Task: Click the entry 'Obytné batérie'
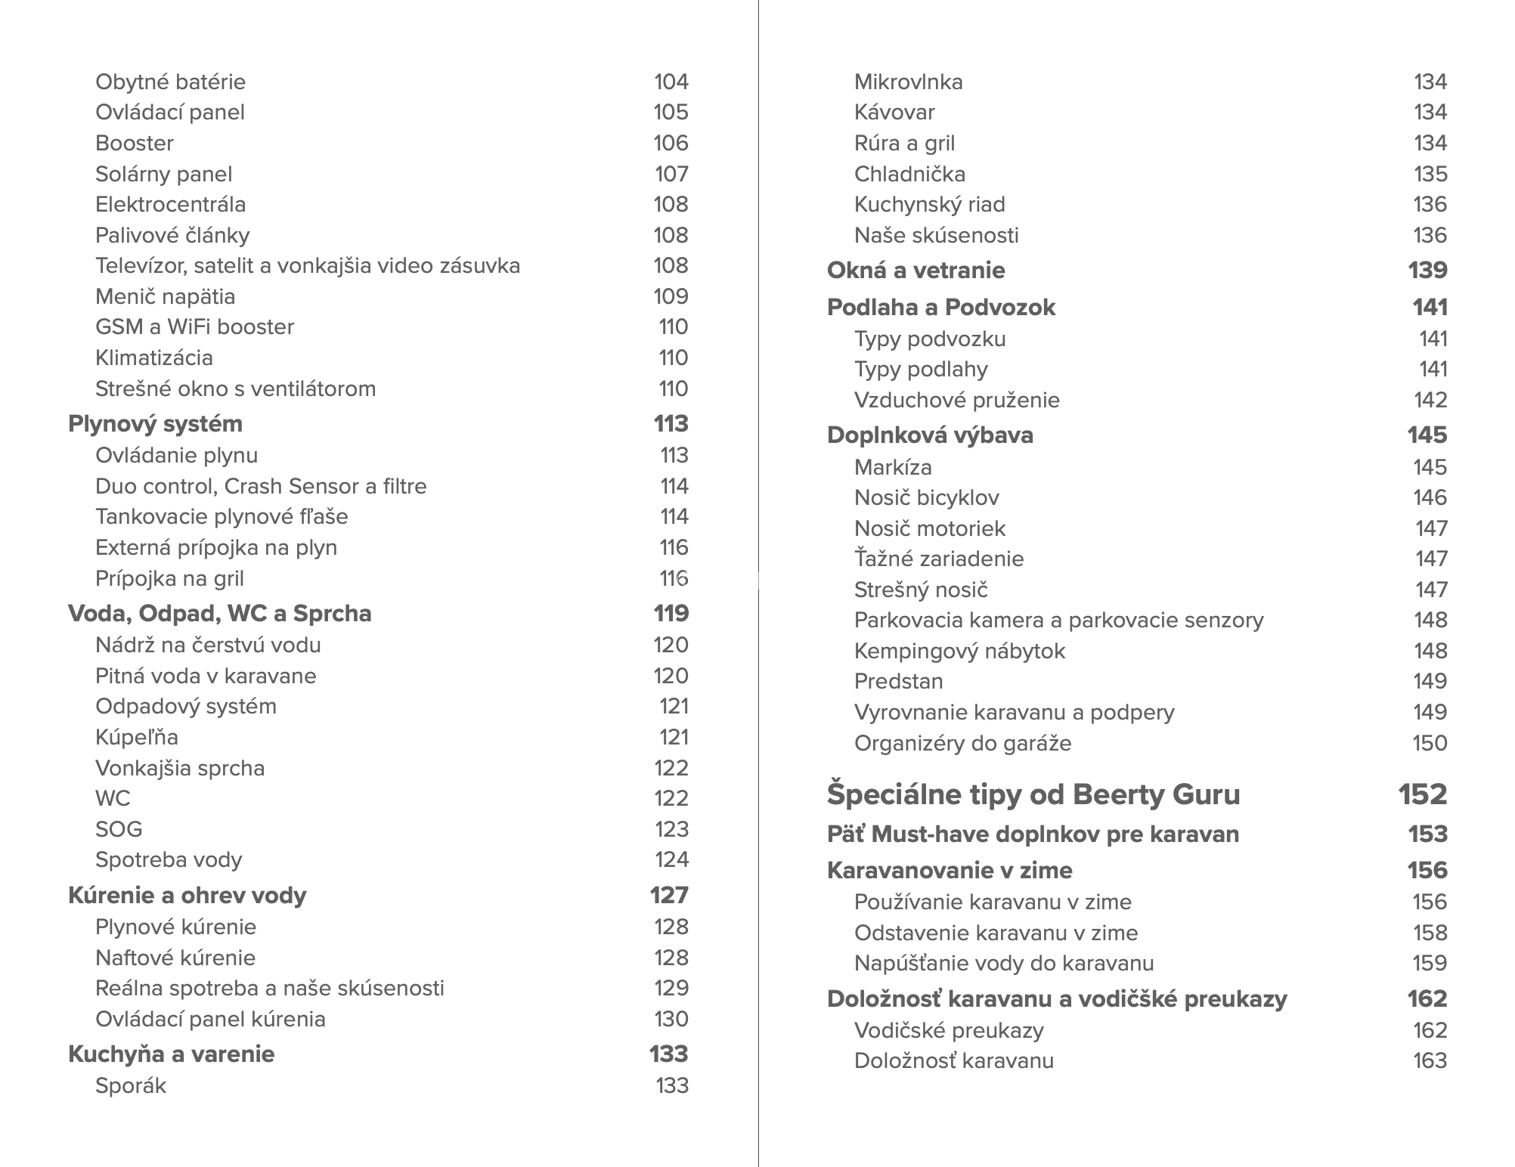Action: [x=170, y=82]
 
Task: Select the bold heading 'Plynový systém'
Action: [x=155, y=424]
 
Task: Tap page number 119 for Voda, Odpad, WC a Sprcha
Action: [x=671, y=613]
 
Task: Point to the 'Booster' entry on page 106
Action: [x=134, y=143]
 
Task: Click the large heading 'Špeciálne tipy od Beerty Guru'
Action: [x=1033, y=794]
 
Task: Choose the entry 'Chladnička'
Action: [x=909, y=174]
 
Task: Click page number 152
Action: [x=1422, y=794]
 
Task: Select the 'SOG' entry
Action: [x=119, y=829]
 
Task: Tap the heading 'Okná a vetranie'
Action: [x=916, y=270]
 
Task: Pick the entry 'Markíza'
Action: [x=893, y=467]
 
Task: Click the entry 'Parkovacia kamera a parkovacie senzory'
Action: [x=1058, y=620]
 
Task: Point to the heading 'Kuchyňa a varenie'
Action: [x=171, y=1054]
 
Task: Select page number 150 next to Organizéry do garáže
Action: [x=1430, y=743]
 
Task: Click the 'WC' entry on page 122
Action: [x=113, y=798]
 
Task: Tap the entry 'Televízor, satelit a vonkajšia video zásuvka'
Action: [x=307, y=266]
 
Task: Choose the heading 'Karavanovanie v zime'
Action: [x=950, y=870]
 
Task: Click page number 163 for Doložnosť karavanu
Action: [x=1430, y=1060]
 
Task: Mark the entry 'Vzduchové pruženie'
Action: [x=956, y=400]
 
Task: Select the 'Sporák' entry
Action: [x=130, y=1085]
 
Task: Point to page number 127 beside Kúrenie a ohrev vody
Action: [x=669, y=895]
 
